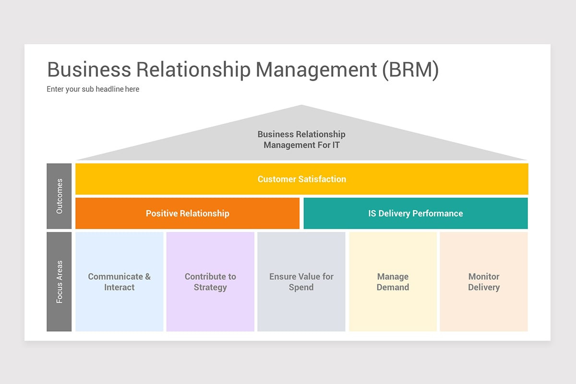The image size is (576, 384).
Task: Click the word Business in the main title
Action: point(89,70)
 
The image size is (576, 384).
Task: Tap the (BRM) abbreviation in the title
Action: point(410,70)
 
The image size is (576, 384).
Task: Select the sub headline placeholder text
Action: point(93,89)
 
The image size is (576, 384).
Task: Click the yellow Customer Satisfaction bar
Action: point(301,179)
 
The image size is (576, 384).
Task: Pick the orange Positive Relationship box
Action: point(187,214)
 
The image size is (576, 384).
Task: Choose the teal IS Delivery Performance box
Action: point(416,214)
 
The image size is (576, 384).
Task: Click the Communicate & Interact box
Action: point(119,282)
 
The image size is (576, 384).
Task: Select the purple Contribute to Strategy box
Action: point(210,282)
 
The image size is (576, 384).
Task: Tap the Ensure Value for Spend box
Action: point(301,282)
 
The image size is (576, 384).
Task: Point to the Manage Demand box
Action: point(393,282)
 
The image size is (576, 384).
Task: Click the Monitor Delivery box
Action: point(483,282)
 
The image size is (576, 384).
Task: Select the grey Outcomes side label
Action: point(59,196)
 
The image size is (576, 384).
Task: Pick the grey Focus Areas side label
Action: point(59,282)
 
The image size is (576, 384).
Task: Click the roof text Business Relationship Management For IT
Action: point(301,140)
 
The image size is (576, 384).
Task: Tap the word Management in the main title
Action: point(316,70)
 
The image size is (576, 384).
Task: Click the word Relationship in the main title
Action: point(193,70)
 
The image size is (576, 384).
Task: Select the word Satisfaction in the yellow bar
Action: point(322,179)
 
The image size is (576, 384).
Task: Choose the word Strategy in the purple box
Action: point(210,288)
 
